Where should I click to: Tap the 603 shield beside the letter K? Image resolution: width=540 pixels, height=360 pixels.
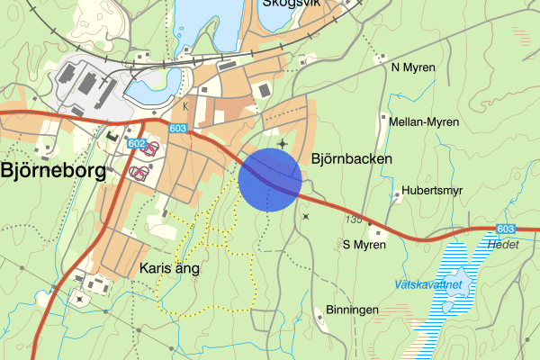click(179, 130)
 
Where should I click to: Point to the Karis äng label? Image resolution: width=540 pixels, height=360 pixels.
click(169, 268)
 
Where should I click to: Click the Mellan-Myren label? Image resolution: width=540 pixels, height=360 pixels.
click(424, 122)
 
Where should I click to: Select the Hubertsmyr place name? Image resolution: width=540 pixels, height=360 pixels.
click(431, 191)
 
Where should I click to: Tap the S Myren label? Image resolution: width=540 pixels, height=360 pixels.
click(364, 244)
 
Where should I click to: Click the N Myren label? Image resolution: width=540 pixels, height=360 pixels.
click(413, 67)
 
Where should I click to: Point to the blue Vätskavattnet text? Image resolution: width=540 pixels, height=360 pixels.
click(427, 284)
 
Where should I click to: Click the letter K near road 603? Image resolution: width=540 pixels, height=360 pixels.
click(185, 106)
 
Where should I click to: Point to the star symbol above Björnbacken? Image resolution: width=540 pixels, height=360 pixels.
click(283, 142)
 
